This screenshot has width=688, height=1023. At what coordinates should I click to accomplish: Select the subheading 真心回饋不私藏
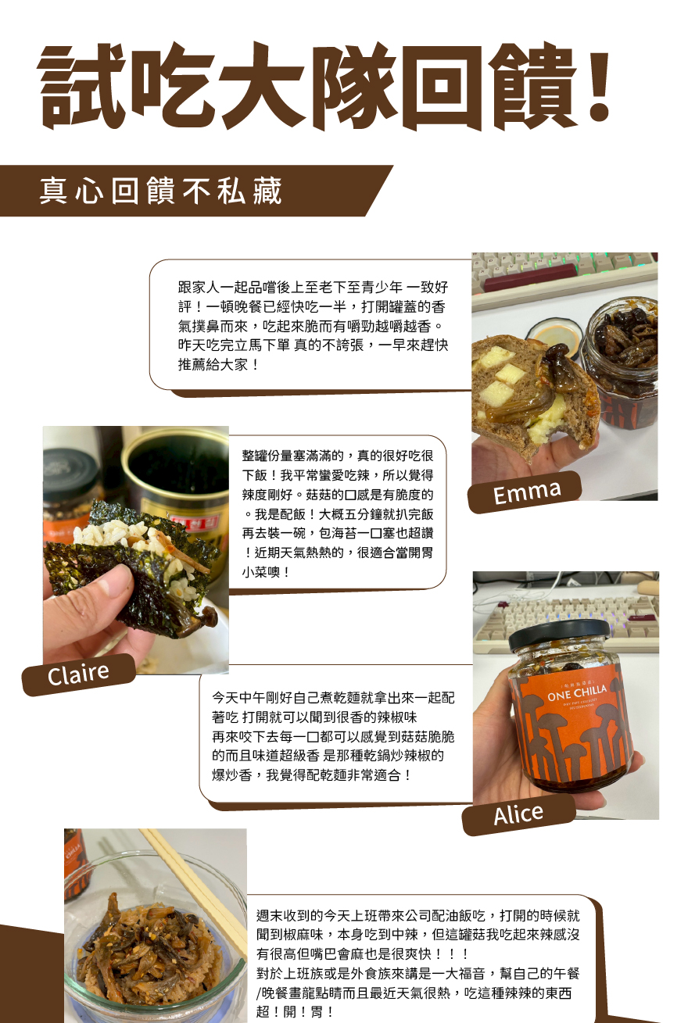(160, 190)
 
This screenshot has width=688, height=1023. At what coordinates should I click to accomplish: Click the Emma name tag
(525, 492)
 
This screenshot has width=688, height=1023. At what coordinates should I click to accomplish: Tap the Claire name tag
(79, 674)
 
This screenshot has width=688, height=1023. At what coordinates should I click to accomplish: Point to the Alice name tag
(518, 814)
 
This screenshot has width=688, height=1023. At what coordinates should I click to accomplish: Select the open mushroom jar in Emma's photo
(621, 367)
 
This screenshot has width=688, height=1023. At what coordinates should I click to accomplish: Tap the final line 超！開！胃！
(294, 1011)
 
